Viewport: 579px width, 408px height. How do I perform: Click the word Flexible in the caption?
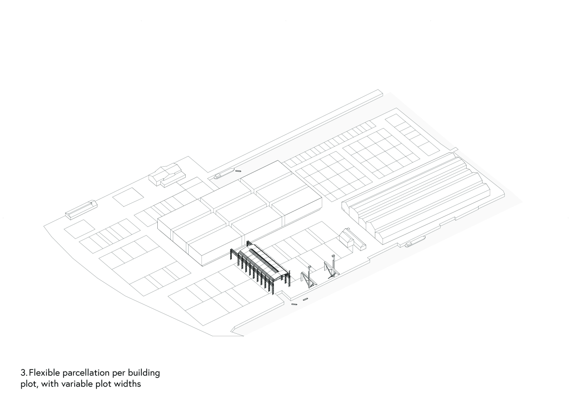point(44,373)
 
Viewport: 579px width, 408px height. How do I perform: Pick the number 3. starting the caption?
point(24,373)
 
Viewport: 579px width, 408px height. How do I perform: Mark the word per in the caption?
point(119,374)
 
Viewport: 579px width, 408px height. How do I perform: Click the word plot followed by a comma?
point(30,384)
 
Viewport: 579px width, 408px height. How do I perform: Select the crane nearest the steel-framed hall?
point(309,277)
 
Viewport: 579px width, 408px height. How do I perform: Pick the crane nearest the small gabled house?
point(331,267)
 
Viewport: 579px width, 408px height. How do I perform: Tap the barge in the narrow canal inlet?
point(224,173)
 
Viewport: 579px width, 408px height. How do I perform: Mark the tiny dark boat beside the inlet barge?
point(238,171)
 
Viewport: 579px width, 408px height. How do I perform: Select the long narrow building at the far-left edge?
point(81,210)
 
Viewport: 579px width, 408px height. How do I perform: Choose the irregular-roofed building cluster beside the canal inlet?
point(167,175)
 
